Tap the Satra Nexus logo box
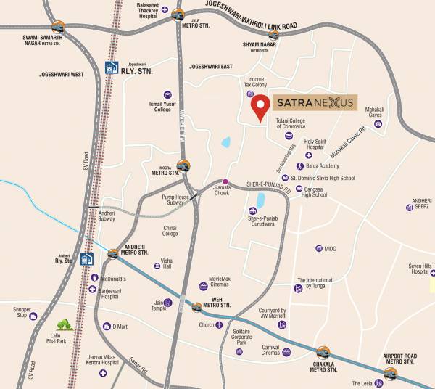(x=315, y=102)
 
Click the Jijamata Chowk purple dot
(x=225, y=181)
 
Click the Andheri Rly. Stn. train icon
(x=86, y=258)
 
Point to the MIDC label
(x=331, y=248)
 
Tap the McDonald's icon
(x=94, y=278)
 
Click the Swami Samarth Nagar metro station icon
(x=58, y=27)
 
